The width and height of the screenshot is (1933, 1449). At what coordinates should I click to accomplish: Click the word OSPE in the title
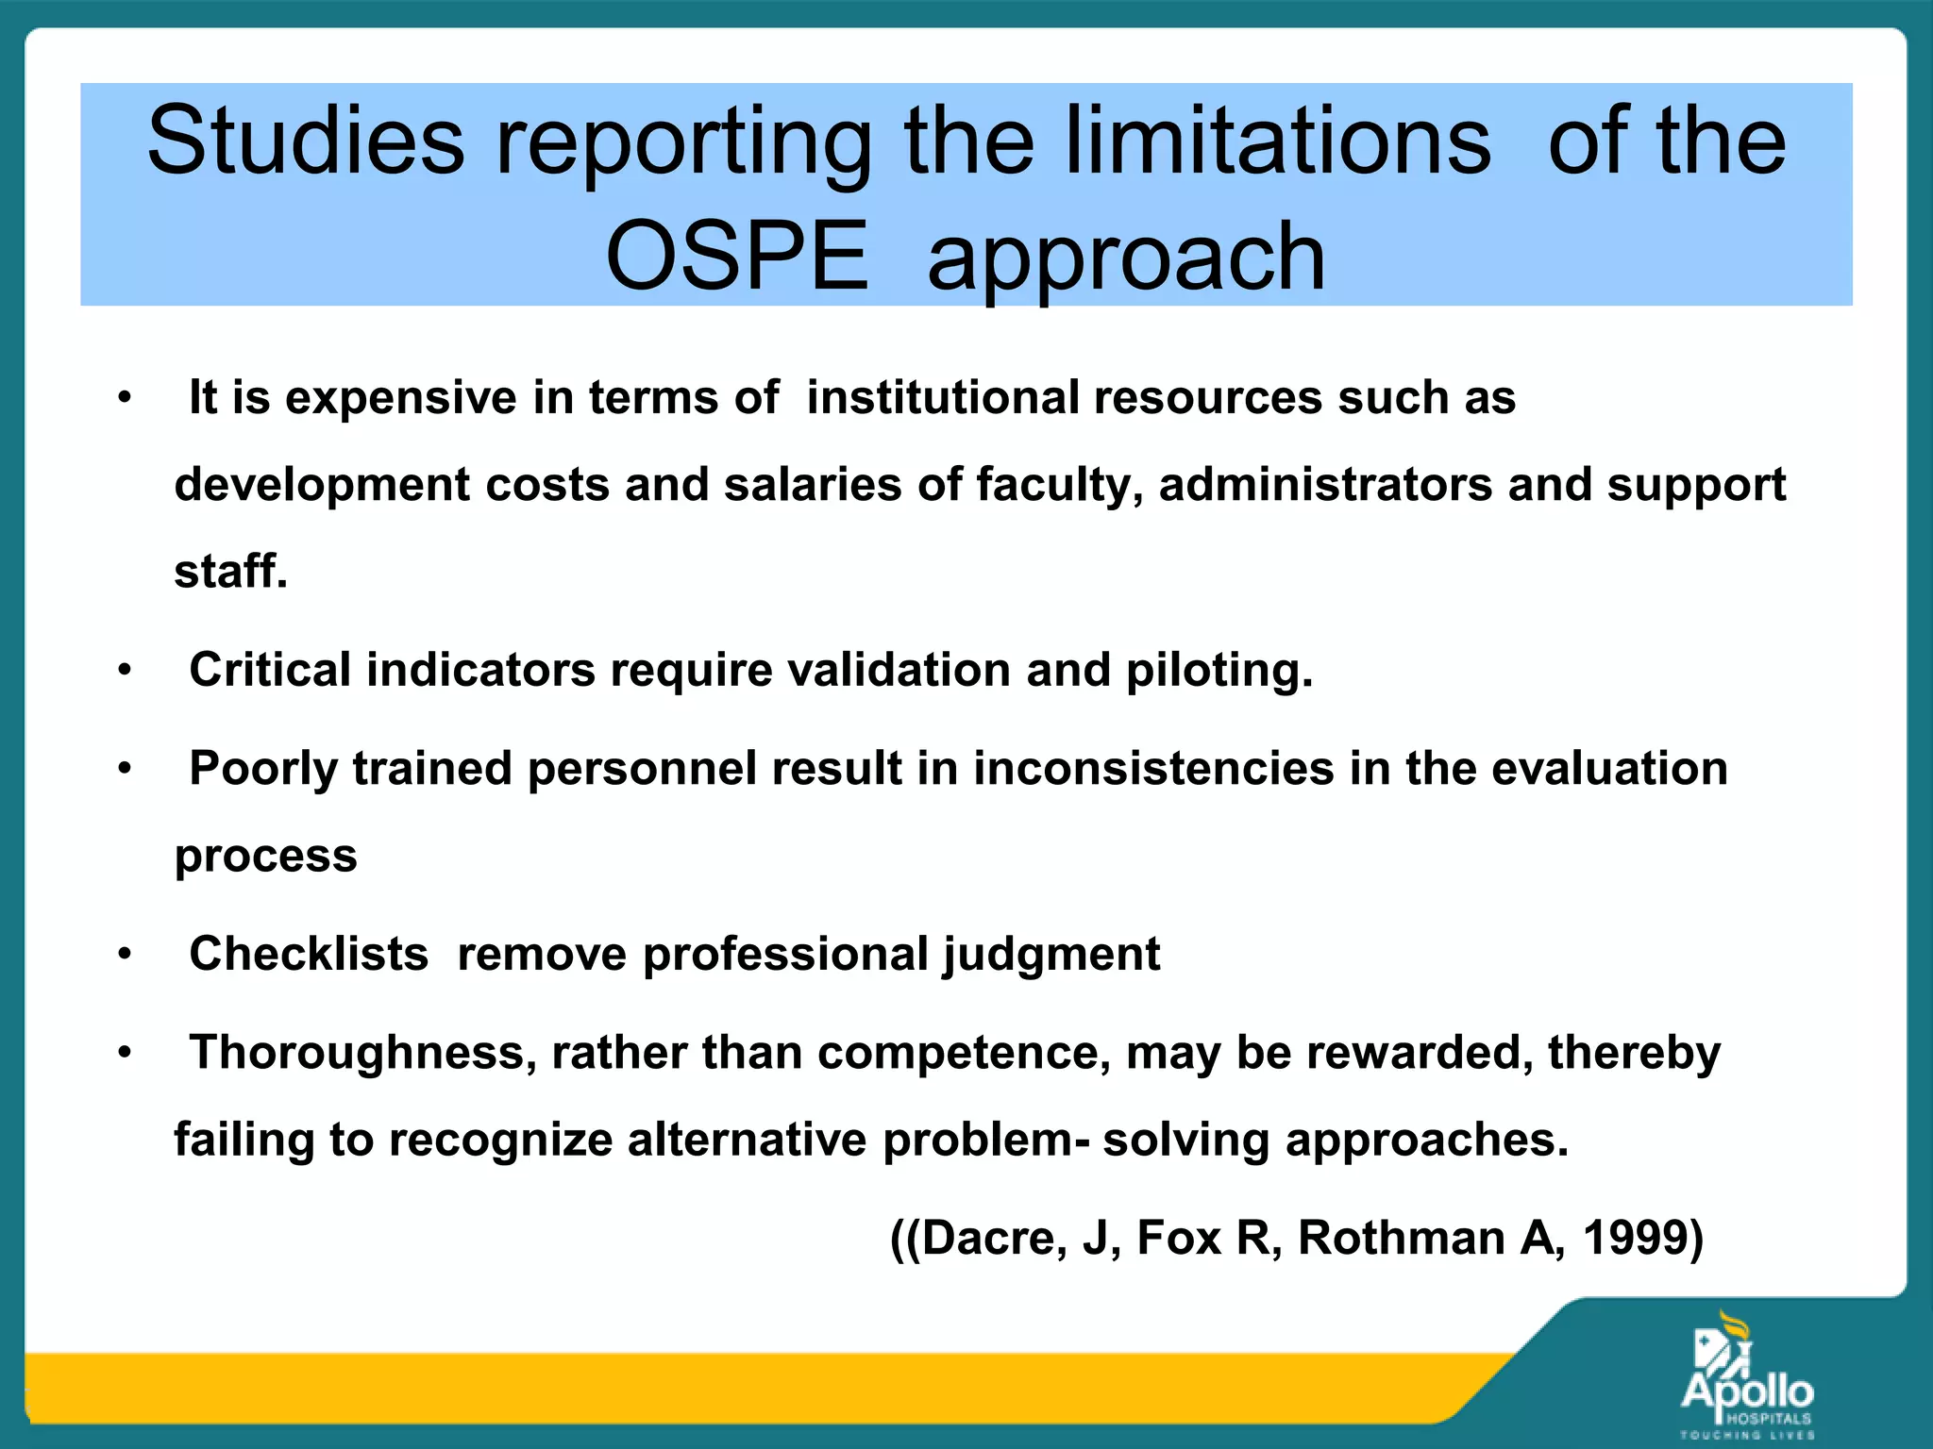(736, 257)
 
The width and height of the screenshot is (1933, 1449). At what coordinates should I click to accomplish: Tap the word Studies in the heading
(306, 142)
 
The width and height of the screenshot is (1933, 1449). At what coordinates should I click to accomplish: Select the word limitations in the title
(1278, 142)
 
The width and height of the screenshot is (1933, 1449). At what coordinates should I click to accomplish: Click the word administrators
(1325, 485)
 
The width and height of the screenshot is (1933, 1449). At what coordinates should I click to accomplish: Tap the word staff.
(230, 572)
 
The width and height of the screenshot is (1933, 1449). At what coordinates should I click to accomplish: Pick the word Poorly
(263, 769)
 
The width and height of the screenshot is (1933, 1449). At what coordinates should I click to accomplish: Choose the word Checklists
(309, 954)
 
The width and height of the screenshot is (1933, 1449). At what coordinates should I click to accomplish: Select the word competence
(964, 1053)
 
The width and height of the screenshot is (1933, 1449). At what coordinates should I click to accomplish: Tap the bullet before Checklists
(125, 954)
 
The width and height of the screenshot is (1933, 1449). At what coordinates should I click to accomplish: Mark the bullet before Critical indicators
(125, 670)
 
